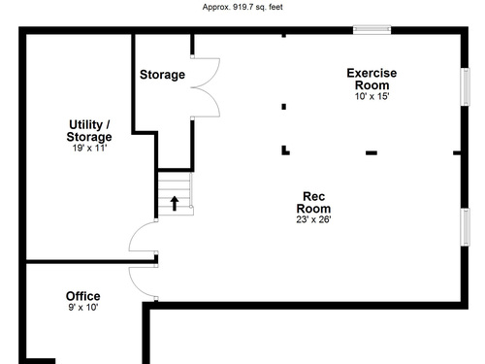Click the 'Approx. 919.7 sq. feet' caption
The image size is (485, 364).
[242, 7]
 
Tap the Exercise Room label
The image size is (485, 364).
[372, 79]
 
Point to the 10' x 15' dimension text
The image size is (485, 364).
[372, 96]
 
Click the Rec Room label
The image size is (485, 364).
[313, 202]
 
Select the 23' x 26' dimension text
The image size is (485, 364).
[313, 219]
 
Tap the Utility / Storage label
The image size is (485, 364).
[89, 130]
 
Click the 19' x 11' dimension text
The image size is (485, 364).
[89, 148]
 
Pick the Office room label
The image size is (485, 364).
[83, 296]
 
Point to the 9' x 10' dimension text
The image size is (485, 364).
[83, 307]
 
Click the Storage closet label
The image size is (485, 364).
[162, 75]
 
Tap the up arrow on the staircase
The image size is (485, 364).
[175, 203]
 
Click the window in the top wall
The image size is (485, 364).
[372, 30]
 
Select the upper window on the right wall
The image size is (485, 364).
[465, 86]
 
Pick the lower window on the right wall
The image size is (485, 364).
[465, 227]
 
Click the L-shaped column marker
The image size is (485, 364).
[285, 150]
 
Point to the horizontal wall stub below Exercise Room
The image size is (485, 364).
[372, 152]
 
